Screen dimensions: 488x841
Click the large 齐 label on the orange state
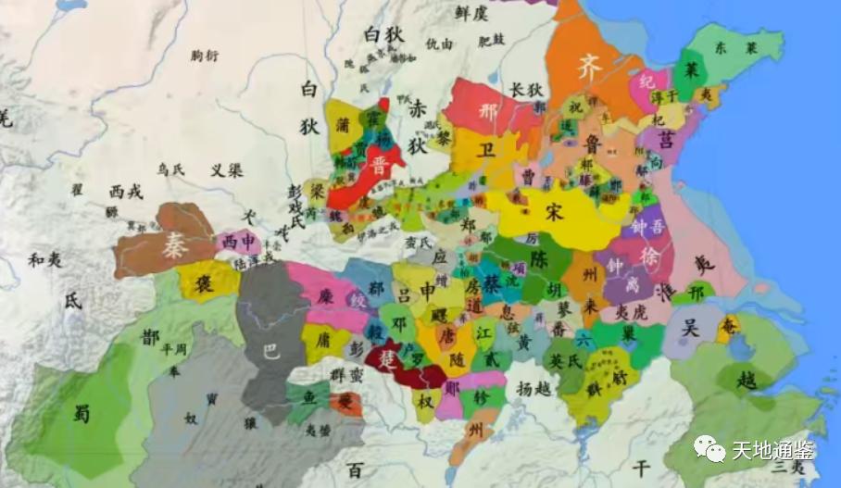click(590, 67)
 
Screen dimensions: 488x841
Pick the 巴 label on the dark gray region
click(270, 353)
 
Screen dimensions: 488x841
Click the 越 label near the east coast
click(744, 379)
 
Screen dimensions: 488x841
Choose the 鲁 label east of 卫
click(595, 141)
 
